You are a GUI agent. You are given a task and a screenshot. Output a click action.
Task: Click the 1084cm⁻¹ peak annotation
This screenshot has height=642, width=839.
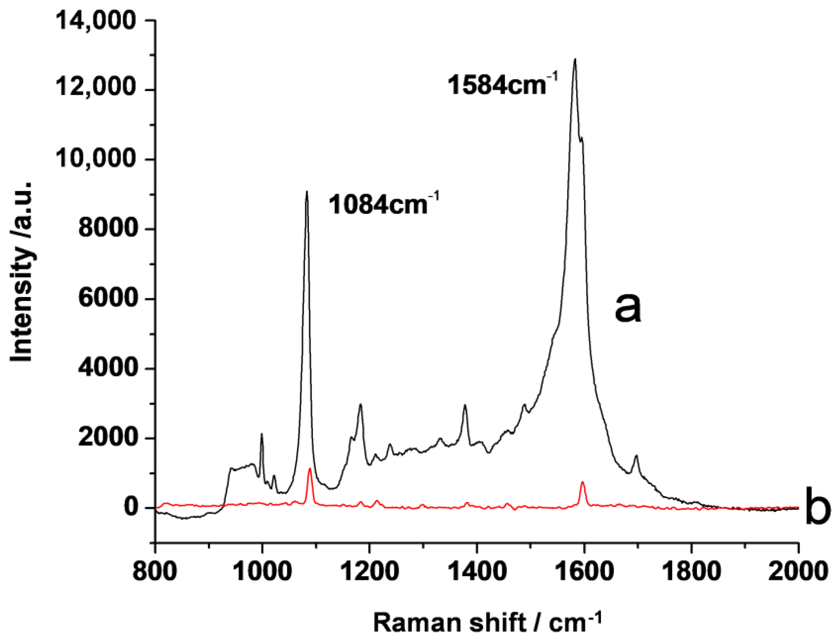(383, 204)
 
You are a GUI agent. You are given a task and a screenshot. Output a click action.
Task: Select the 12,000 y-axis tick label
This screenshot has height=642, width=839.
(96, 90)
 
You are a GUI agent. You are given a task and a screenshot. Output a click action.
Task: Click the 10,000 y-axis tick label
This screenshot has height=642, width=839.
(96, 160)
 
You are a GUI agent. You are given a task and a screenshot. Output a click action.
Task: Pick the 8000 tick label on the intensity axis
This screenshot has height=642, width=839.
(107, 229)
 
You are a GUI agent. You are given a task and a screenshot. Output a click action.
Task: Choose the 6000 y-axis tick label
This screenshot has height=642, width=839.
(107, 299)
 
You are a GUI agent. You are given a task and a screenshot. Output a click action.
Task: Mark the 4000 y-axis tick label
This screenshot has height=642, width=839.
(107, 368)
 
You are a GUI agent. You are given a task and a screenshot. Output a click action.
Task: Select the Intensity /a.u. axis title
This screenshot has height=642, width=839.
(22, 271)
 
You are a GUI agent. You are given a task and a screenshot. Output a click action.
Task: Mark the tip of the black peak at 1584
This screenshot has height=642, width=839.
(575, 59)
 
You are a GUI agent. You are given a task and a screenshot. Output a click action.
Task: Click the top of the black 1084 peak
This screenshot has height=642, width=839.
(307, 191)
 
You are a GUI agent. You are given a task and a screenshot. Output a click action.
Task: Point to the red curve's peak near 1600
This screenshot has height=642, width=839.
(583, 482)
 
